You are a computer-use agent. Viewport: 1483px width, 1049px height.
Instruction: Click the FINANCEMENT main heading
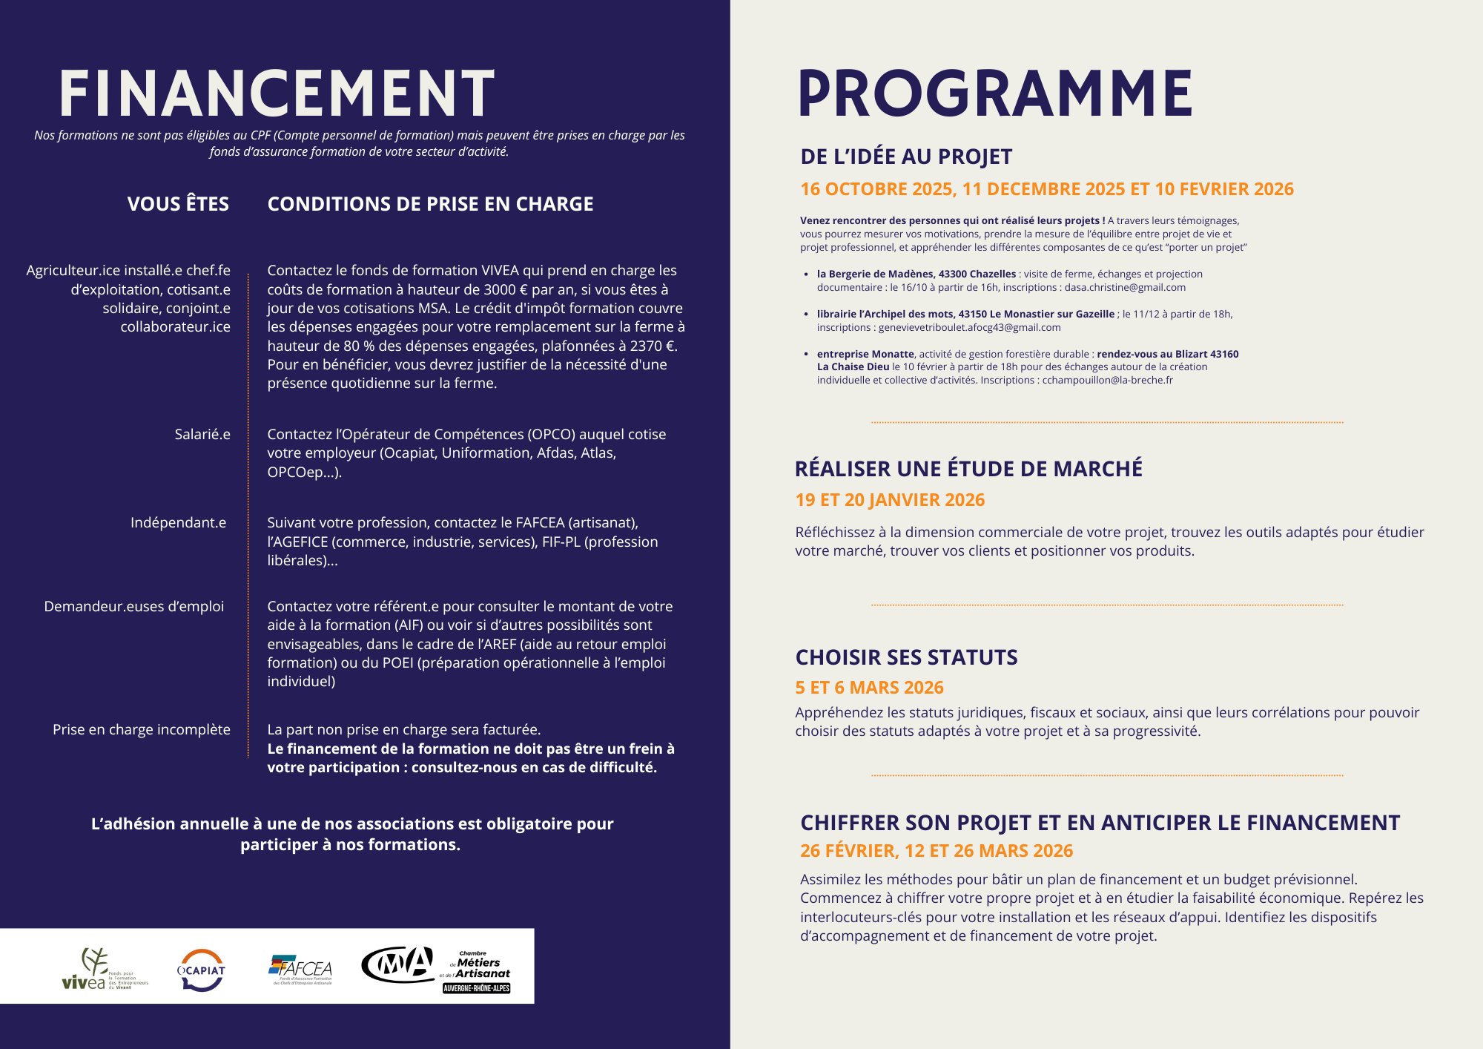coord(276,93)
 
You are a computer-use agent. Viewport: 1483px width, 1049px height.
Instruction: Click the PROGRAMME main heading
coord(995,93)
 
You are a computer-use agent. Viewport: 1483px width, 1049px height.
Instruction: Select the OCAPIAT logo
coord(201,970)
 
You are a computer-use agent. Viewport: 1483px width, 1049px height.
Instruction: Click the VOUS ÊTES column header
coord(178,204)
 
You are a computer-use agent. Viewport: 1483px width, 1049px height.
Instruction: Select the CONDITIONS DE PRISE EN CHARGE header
coord(430,204)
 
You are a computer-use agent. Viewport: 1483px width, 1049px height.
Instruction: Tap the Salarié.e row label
coord(202,434)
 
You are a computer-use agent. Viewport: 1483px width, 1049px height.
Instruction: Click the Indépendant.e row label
coord(178,522)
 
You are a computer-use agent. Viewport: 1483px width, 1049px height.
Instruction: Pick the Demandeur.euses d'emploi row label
coord(133,606)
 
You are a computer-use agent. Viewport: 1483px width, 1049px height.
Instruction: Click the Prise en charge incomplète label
coord(141,729)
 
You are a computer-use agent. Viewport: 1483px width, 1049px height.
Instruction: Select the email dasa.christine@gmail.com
coord(1125,288)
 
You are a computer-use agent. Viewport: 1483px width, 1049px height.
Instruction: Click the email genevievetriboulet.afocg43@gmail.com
coord(969,328)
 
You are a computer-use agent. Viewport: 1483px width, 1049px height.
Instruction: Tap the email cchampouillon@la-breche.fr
coord(1107,381)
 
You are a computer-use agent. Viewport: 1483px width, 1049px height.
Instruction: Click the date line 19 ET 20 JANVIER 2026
coord(890,500)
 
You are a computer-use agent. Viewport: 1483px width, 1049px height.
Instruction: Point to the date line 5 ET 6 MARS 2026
coord(869,688)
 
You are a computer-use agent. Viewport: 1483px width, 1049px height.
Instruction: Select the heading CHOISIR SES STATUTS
coord(906,657)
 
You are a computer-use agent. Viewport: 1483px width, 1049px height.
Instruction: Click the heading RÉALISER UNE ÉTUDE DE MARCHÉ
coord(968,469)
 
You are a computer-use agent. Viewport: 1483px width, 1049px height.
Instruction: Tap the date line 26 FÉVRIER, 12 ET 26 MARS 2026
coord(937,851)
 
